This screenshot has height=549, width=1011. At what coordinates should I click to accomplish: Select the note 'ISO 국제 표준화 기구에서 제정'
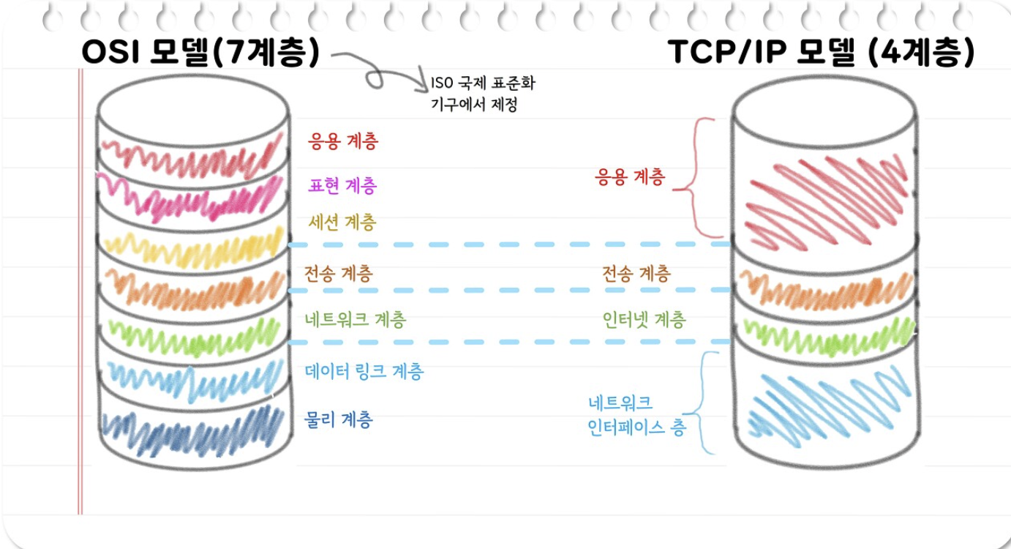coord(483,94)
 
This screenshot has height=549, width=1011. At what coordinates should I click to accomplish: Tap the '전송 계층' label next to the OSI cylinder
coord(338,274)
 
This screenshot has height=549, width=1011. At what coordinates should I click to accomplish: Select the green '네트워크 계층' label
coord(355,319)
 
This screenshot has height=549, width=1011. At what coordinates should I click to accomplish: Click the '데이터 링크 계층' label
coord(364,371)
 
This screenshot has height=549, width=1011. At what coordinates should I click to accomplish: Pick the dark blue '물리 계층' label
coord(338,419)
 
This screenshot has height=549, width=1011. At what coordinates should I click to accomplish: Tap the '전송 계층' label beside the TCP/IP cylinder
coord(636,274)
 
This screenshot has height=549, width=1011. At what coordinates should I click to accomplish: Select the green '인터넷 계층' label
coord(644,319)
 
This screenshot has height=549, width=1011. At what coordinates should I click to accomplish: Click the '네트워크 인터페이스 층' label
coord(636,415)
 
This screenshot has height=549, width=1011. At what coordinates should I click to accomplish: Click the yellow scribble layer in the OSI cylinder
coord(193,249)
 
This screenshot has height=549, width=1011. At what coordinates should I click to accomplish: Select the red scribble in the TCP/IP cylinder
coord(824,194)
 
